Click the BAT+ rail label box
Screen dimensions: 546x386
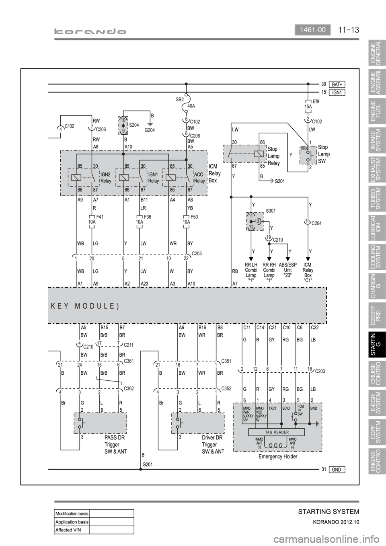(x=337, y=84)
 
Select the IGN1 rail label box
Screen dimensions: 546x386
(x=337, y=92)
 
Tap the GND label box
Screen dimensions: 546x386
(x=337, y=469)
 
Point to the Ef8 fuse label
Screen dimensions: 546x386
(x=316, y=102)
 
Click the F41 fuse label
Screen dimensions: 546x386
(x=100, y=217)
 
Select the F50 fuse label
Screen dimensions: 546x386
(x=195, y=217)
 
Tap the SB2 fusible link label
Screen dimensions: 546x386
(x=180, y=99)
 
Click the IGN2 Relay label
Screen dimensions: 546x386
(x=106, y=178)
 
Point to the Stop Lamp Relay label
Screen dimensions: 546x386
(x=274, y=156)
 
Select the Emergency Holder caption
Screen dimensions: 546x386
(x=278, y=457)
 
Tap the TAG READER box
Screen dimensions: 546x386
(x=277, y=432)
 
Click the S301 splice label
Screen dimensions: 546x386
(x=271, y=210)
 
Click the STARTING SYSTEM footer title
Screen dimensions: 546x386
(x=329, y=511)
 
